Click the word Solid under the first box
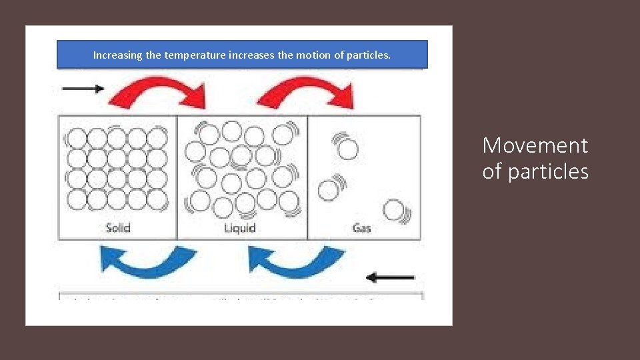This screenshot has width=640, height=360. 118,228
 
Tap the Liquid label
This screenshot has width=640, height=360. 239,228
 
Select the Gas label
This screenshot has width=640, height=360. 361,228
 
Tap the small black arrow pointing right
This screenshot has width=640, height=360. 83,89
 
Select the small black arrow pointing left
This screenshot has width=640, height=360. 391,277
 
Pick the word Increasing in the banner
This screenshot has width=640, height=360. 117,55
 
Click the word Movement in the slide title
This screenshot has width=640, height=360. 535,145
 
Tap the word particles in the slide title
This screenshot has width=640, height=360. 548,172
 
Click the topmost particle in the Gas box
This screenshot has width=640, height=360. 347,149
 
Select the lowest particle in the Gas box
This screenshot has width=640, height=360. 393,210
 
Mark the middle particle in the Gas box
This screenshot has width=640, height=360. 328,190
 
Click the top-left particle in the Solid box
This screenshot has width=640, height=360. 77,138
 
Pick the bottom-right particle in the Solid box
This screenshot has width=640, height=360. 157,199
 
